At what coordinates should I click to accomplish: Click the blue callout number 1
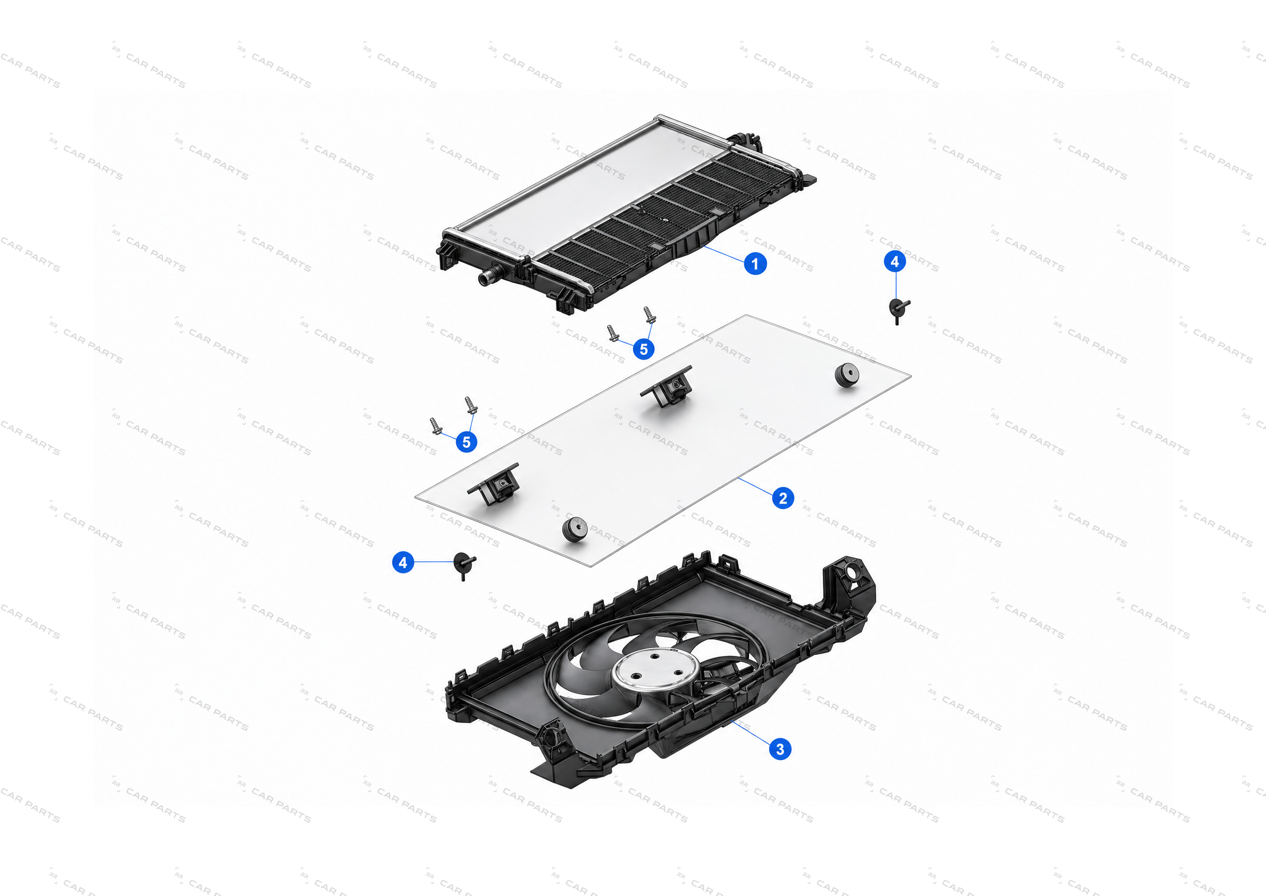[x=755, y=264]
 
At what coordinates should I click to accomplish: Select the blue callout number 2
[x=783, y=498]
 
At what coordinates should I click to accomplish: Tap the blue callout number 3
[x=780, y=749]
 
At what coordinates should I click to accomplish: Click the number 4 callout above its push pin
[x=895, y=262]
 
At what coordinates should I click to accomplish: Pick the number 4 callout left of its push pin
[x=403, y=562]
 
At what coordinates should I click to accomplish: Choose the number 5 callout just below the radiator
[x=644, y=349]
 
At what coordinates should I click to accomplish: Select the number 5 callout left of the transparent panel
[x=466, y=442]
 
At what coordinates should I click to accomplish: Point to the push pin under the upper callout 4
[x=898, y=310]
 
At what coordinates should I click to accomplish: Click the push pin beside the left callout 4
[x=464, y=566]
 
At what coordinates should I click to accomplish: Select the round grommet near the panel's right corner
[x=847, y=375]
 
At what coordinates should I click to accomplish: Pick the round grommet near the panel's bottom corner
[x=574, y=529]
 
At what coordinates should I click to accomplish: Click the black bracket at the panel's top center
[x=668, y=386]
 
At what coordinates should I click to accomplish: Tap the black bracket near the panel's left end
[x=494, y=484]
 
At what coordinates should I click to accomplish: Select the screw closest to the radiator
[x=649, y=315]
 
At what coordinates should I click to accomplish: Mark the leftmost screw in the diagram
[x=436, y=426]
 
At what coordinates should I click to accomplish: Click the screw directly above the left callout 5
[x=471, y=405]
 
